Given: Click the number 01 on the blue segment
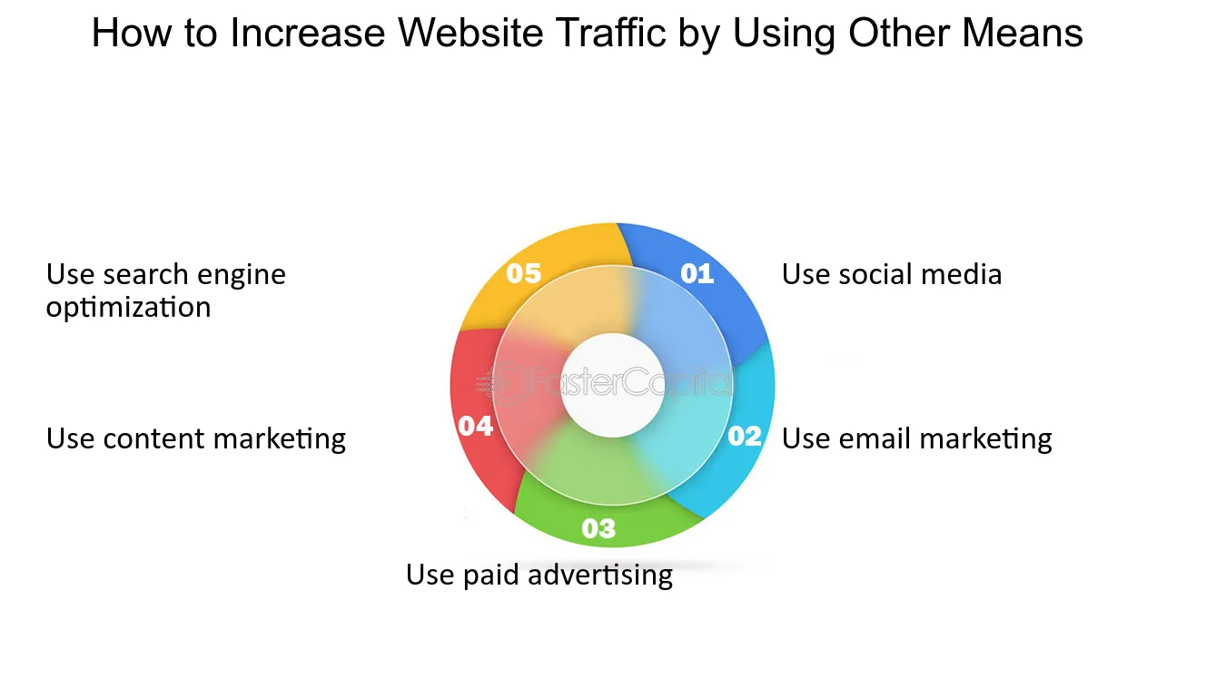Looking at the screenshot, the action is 697,273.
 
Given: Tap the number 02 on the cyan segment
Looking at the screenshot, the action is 745,436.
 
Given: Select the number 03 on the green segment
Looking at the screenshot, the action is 598,528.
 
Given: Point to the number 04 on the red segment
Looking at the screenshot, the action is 475,427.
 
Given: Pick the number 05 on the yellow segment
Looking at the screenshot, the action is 523,273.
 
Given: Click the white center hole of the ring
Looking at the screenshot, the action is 612,385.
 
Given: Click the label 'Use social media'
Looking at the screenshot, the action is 892,274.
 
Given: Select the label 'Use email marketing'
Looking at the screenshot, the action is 916,438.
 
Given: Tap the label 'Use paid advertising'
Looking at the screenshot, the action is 539,576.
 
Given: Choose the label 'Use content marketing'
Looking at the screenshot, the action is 196,438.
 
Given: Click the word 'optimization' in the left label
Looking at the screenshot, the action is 129,308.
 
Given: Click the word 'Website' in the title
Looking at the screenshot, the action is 470,33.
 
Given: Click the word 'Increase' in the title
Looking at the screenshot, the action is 308,33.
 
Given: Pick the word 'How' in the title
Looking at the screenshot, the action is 132,33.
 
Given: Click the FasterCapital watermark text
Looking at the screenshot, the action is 605,382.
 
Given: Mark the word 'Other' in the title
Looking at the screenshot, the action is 899,33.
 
